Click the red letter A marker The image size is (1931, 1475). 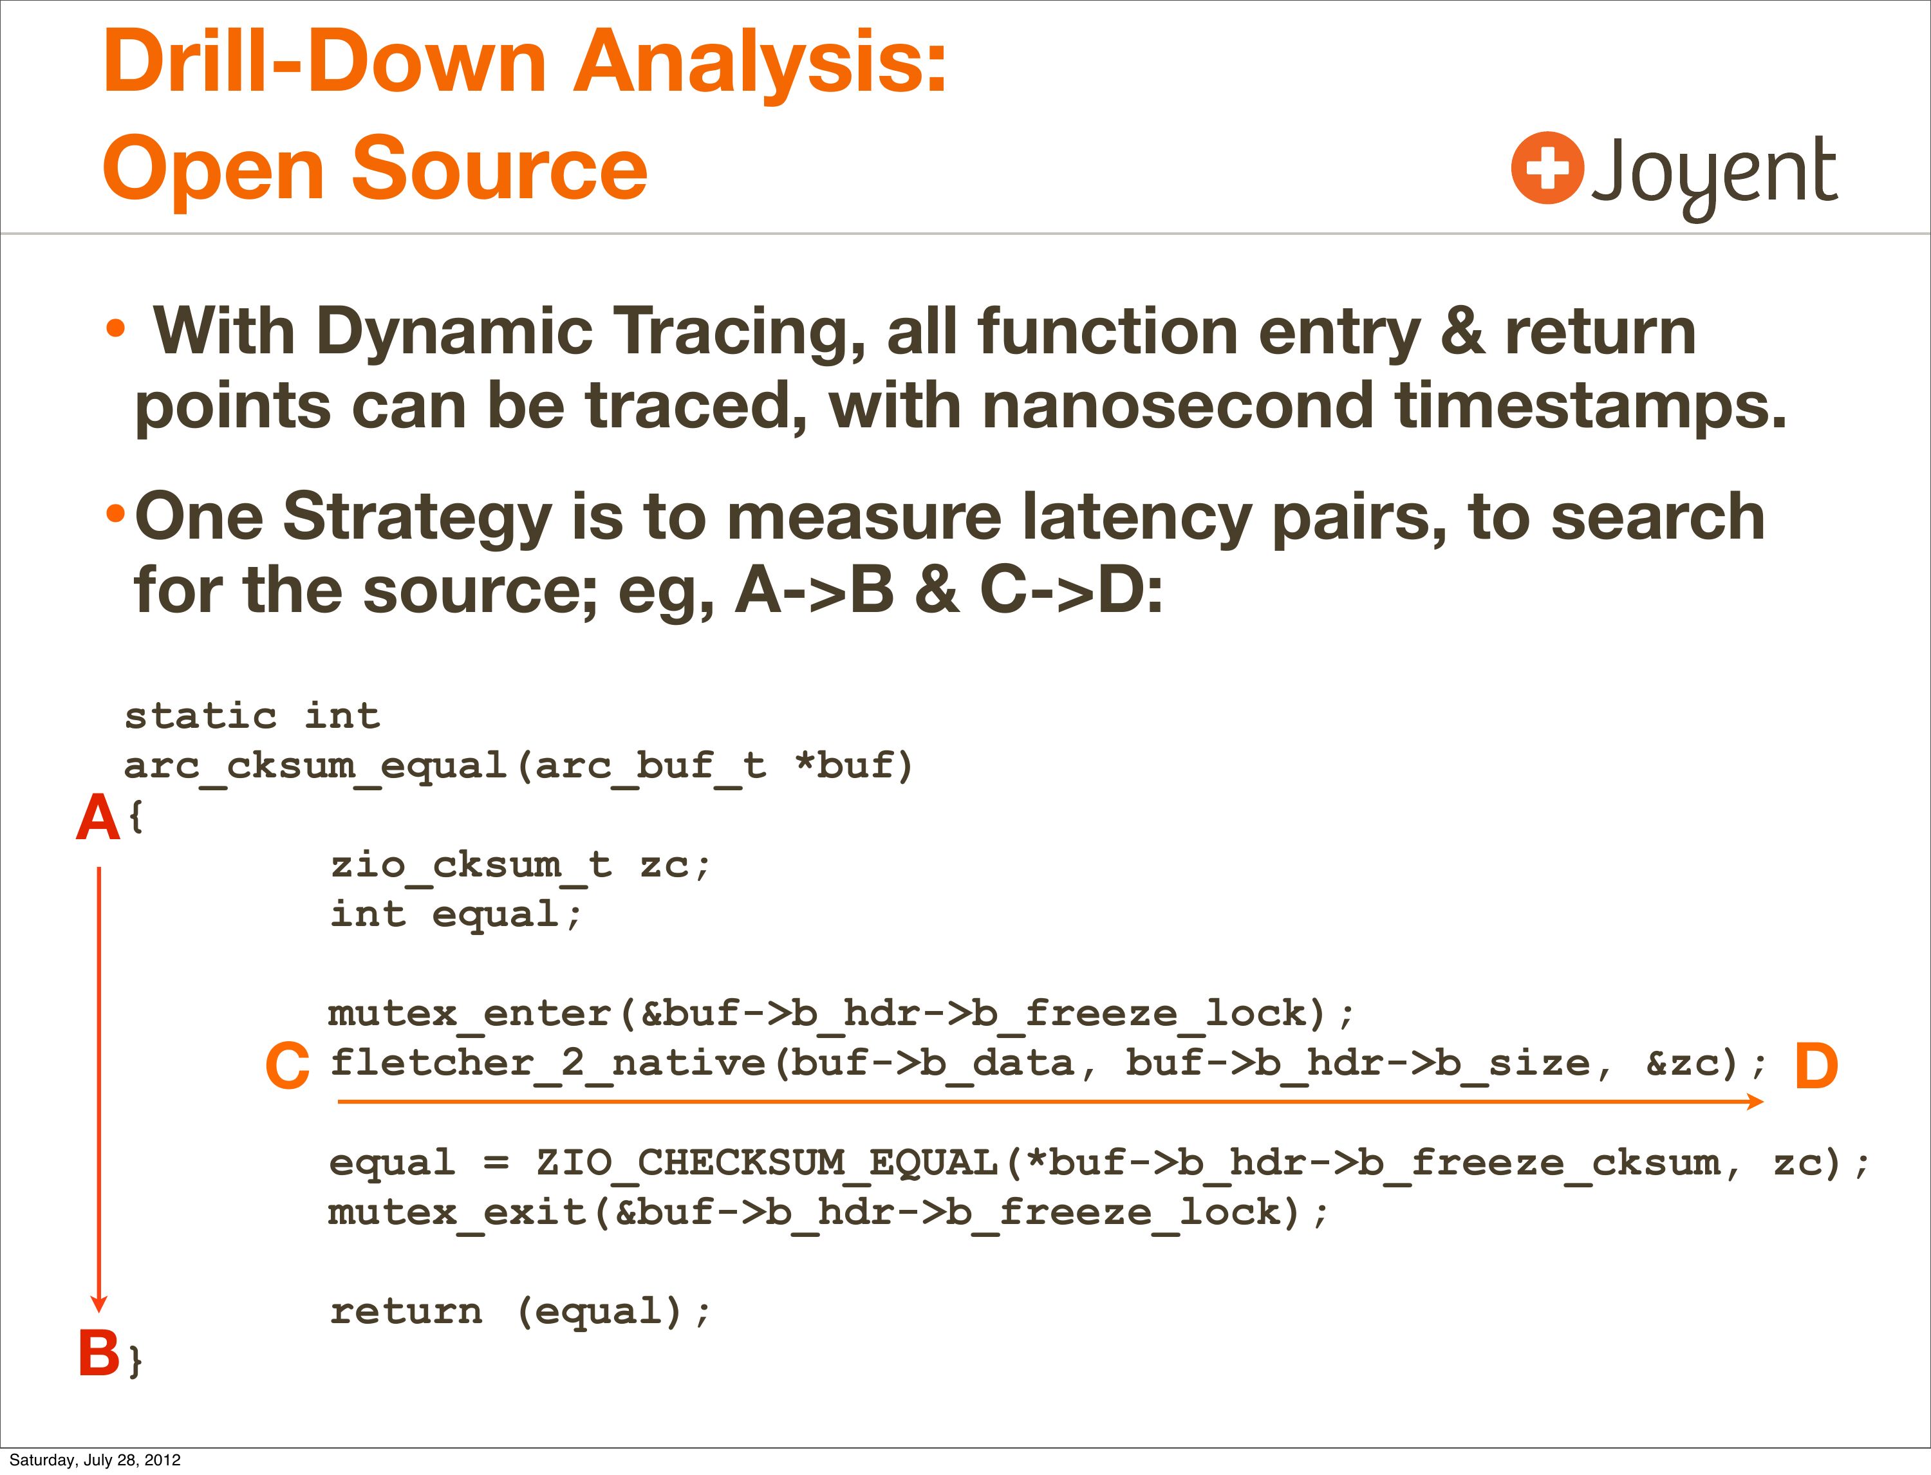click(x=97, y=817)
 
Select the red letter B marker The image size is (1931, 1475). click(x=98, y=1352)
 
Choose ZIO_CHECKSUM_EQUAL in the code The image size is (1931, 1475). click(x=767, y=1164)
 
